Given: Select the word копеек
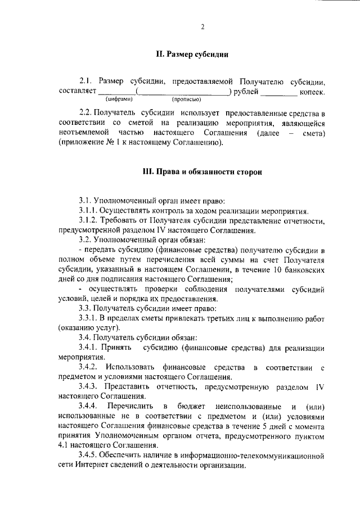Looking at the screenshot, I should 313,92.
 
